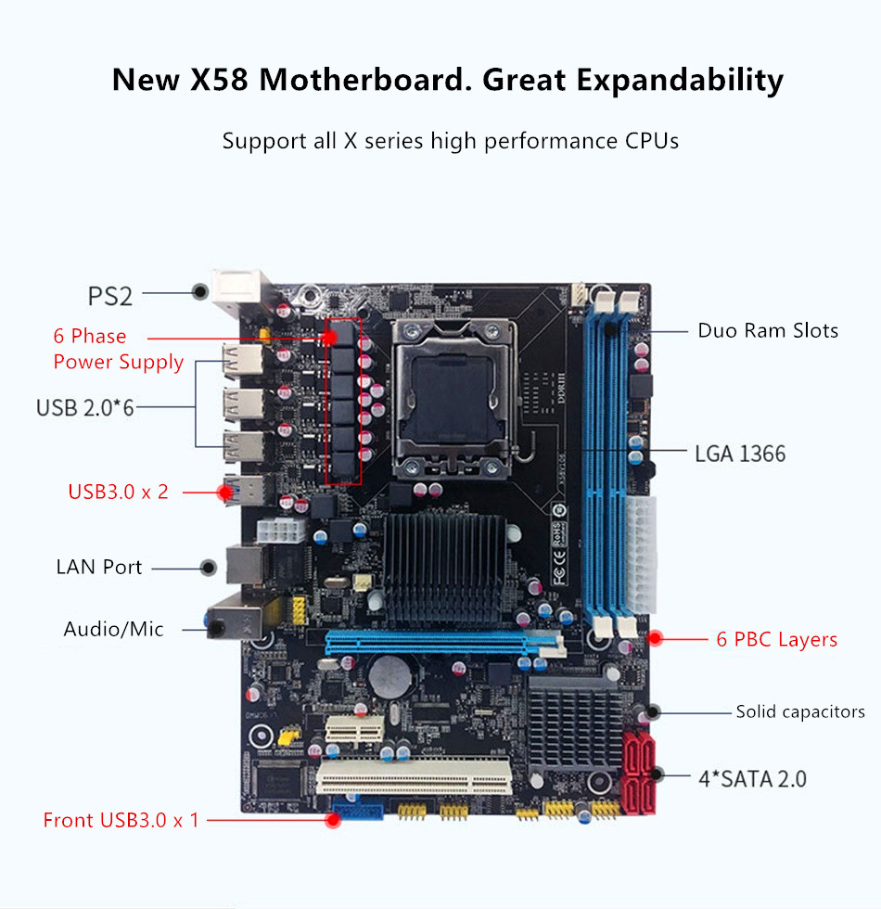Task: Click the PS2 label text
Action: (110, 296)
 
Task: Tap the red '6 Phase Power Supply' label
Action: (118, 349)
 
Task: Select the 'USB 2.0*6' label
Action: (85, 406)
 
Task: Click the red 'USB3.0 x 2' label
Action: (119, 492)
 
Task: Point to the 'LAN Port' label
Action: (98, 567)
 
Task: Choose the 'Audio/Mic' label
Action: (113, 629)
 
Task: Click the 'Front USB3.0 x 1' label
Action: (121, 820)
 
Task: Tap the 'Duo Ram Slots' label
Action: (768, 330)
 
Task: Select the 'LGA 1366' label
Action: (740, 454)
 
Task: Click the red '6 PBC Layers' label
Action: (776, 639)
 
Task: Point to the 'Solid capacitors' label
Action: (800, 711)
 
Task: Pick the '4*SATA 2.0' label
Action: (752, 778)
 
